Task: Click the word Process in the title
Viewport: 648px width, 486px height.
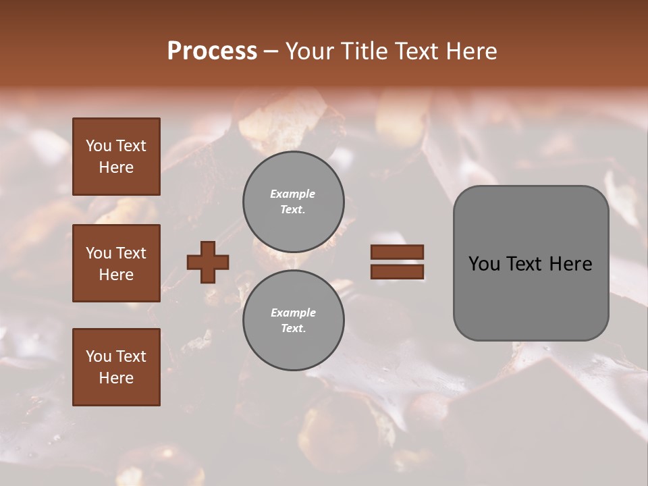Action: click(x=212, y=51)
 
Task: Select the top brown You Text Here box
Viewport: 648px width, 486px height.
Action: click(x=116, y=157)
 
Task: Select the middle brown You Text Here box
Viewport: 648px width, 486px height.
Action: click(x=116, y=263)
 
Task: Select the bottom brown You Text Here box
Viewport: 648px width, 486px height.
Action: click(x=116, y=367)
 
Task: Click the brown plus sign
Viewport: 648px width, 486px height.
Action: click(x=208, y=262)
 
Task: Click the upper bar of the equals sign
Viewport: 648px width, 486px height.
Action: click(x=398, y=252)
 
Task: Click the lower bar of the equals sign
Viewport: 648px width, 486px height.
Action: click(x=398, y=271)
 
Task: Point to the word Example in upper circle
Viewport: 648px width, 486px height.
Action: click(x=292, y=194)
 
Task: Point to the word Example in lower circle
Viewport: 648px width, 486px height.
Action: click(x=293, y=313)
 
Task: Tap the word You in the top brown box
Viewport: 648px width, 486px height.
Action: click(x=98, y=146)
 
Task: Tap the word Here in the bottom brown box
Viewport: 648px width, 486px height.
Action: click(x=116, y=378)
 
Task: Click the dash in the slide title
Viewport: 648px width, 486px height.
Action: click(x=271, y=52)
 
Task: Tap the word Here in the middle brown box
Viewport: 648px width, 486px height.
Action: click(x=116, y=275)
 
